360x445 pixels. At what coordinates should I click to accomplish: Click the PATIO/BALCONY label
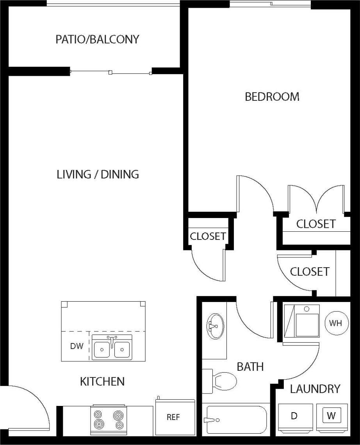click(97, 39)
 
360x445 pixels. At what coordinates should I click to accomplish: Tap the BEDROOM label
click(272, 97)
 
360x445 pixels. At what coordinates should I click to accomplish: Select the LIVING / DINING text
click(98, 174)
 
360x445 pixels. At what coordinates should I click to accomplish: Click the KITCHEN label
click(102, 381)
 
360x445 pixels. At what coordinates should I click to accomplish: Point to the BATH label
click(250, 366)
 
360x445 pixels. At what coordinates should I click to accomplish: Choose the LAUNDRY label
click(315, 389)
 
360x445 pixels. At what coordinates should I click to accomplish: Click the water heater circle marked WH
click(335, 323)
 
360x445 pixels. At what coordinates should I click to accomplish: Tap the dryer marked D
click(295, 416)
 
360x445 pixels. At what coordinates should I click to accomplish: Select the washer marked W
click(331, 416)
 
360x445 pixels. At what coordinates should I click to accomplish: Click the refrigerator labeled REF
click(174, 417)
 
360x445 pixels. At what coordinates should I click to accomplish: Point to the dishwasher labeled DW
click(77, 346)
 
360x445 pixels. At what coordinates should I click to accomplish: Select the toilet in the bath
click(221, 380)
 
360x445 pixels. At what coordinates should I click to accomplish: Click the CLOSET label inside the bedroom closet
click(315, 224)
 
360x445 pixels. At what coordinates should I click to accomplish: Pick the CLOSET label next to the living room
click(208, 236)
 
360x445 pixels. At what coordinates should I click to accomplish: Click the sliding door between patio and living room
click(111, 72)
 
